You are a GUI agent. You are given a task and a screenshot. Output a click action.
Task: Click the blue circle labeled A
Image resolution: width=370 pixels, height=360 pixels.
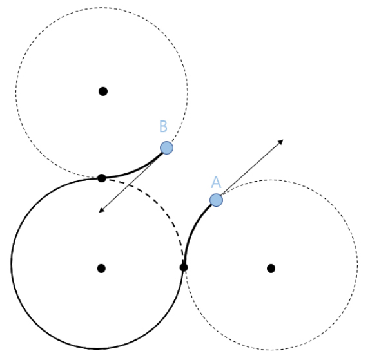[216, 200]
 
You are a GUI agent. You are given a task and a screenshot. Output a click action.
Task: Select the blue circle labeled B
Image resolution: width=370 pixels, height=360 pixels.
[166, 148]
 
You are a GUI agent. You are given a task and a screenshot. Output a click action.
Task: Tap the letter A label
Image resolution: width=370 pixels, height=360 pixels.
[216, 182]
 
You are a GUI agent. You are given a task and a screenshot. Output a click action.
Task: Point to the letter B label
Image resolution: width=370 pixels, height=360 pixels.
[163, 126]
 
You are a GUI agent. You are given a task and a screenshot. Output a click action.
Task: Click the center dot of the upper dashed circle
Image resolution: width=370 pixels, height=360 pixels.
[103, 91]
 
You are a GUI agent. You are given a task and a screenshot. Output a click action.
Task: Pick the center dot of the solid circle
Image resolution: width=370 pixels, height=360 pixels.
[101, 269]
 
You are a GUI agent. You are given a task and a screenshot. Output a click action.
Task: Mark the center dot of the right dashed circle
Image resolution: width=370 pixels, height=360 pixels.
[271, 269]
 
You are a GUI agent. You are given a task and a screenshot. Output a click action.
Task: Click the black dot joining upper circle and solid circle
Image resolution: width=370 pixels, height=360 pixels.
[102, 178]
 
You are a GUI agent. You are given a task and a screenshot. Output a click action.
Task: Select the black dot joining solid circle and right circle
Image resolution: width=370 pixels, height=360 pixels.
[184, 267]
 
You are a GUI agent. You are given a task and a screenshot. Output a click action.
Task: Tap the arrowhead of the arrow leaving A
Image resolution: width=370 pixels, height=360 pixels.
[280, 142]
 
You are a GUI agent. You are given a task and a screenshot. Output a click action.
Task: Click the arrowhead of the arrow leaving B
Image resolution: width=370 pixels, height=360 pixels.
[102, 211]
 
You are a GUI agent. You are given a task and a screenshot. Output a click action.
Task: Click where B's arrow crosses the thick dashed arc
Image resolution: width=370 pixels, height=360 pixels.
[129, 185]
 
